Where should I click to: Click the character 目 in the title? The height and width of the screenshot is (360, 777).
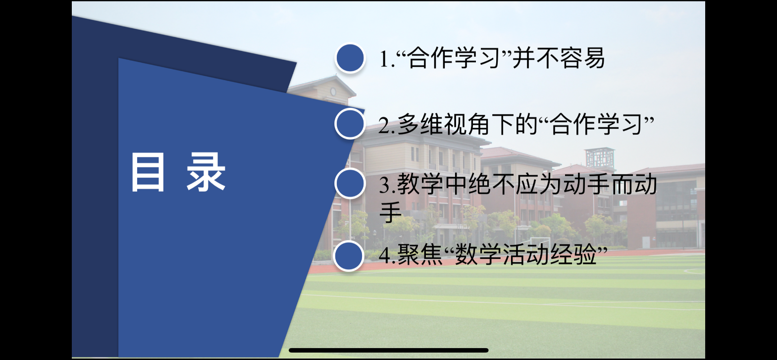148,172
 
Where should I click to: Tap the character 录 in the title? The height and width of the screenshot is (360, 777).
206,172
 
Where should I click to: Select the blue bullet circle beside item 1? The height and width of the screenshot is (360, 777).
350,58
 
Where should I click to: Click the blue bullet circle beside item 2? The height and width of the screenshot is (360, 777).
350,123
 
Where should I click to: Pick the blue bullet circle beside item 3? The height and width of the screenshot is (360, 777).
350,184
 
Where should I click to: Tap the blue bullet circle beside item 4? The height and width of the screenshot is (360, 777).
349,256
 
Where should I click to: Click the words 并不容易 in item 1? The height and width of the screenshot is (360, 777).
559,58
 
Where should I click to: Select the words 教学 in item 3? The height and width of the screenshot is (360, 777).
420,184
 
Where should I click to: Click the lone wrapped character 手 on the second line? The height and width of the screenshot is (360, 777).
391,211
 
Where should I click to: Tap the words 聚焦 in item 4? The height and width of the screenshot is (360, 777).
420,255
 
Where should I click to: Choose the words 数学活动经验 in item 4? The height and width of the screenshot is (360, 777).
525,255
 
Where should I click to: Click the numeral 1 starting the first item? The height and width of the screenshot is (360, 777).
384,59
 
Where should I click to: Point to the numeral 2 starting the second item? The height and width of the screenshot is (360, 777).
384,125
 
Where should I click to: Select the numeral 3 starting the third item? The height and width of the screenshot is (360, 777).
384,185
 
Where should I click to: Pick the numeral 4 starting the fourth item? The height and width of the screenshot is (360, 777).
385,256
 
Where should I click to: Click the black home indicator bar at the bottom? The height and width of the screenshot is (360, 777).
388,350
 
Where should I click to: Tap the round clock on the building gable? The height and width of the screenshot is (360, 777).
333,92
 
